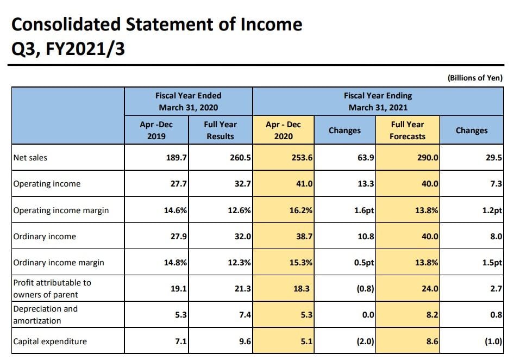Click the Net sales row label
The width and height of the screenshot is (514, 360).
tap(30, 158)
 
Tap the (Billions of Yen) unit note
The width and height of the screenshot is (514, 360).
tap(475, 78)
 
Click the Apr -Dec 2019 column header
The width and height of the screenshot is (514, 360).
tap(156, 131)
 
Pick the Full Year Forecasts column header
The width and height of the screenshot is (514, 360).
tap(407, 131)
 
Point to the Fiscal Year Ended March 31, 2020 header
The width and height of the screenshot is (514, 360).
tap(188, 101)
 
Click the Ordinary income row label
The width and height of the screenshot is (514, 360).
tap(45, 237)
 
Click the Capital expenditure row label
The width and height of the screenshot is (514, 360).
tap(50, 342)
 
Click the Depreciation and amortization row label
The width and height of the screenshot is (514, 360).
tap(46, 315)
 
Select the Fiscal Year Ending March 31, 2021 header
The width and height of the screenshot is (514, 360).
tap(378, 101)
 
